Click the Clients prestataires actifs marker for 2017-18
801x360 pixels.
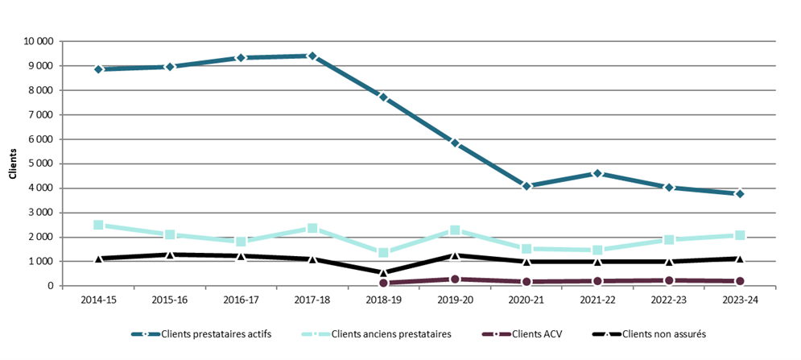coord(312,56)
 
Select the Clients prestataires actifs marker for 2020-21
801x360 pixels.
coord(526,186)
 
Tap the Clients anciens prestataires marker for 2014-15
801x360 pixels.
coord(98,225)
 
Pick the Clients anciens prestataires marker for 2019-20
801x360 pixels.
coord(455,230)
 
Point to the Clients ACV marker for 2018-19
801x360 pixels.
coord(383,283)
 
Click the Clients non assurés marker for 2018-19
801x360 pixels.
coord(383,272)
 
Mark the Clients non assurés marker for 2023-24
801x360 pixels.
coord(740,259)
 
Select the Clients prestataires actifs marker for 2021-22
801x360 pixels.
coord(597,173)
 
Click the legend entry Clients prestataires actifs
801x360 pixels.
coord(207,333)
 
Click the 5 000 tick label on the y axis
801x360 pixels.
coord(41,163)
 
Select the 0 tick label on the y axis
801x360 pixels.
coord(50,286)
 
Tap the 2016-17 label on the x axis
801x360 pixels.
coord(241,300)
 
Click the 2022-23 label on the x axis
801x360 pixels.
coord(669,300)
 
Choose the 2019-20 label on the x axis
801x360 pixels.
coord(455,300)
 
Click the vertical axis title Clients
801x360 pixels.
coord(12,163)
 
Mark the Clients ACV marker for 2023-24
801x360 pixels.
coord(740,281)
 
